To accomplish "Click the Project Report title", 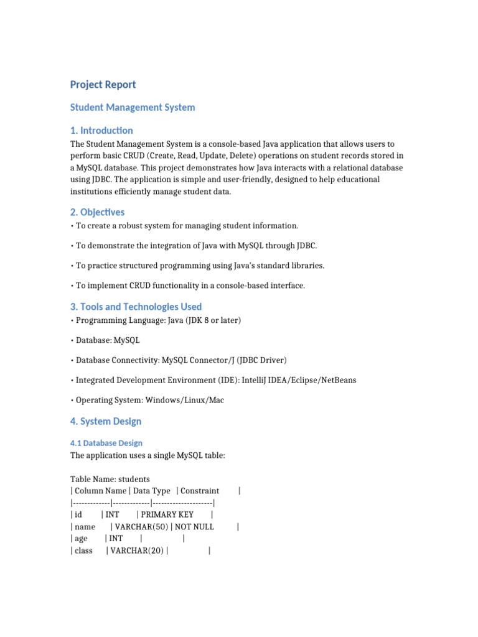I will pyautogui.click(x=103, y=85).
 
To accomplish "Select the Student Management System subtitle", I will pyautogui.click(x=133, y=107).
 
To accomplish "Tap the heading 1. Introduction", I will pyautogui.click(x=101, y=130).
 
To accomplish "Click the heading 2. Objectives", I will pyautogui.click(x=97, y=212).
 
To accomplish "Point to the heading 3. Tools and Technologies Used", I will pyautogui.click(x=136, y=307).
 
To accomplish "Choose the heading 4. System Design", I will pyautogui.click(x=106, y=421).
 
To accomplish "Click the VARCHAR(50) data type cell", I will pyautogui.click(x=140, y=527).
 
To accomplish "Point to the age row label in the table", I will pyautogui.click(x=81, y=539).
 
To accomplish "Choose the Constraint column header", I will pyautogui.click(x=200, y=491).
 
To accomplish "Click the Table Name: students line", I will pyautogui.click(x=110, y=479).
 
